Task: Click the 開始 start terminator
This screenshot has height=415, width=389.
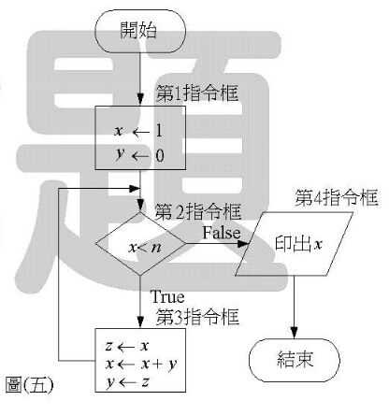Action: tap(140, 31)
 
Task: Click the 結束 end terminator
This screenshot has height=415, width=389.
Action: tap(295, 360)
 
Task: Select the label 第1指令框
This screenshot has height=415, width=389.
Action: tap(197, 93)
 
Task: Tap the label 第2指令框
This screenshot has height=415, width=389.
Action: tap(198, 212)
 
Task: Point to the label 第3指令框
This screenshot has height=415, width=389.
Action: tap(197, 317)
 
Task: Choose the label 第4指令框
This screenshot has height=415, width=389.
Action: tap(337, 197)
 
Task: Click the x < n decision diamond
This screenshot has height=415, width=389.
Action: tap(140, 244)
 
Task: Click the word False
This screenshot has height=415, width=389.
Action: tap(222, 233)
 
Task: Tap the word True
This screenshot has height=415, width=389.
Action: tap(167, 297)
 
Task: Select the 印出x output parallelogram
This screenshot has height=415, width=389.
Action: tap(294, 244)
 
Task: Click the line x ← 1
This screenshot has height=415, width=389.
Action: tap(138, 132)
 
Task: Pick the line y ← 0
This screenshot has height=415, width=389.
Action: tap(139, 155)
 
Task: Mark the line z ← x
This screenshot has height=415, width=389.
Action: tap(127, 346)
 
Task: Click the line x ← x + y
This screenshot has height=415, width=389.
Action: tap(141, 364)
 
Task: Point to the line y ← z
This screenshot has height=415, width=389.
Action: tap(127, 382)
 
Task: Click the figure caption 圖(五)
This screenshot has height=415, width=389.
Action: tap(30, 385)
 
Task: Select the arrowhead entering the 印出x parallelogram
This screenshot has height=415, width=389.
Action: tap(244, 244)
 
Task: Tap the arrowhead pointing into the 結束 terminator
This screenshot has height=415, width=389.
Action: tap(294, 333)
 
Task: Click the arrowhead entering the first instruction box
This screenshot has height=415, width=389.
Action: tap(140, 100)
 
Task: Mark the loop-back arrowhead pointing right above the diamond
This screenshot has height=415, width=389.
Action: tap(135, 188)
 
